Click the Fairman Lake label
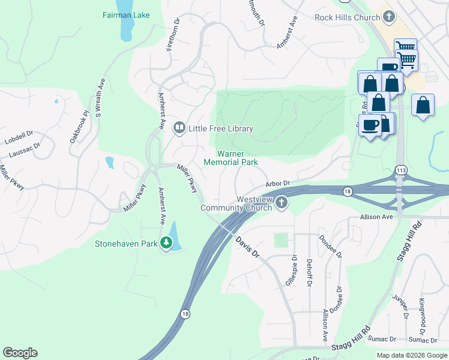pos(127,14)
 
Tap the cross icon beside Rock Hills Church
pos(390,17)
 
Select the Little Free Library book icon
pos(179,128)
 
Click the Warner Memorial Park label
pos(231,158)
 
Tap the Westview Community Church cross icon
pos(281,203)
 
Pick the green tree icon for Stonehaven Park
pos(166,244)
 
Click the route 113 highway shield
pos(401,170)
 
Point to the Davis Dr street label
pos(247,247)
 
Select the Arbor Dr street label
pos(278,184)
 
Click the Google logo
pos(20,353)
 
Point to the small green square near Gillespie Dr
pos(281,240)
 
